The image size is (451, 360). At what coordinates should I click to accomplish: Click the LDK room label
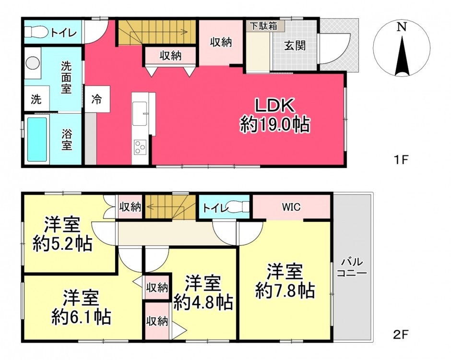275,106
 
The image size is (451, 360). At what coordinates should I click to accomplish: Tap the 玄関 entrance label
295,46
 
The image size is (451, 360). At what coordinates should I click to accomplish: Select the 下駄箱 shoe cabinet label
264,26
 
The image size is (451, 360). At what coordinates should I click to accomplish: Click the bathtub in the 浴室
37,139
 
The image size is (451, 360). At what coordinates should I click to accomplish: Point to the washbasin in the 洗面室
33,63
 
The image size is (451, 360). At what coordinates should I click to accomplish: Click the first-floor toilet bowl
36,32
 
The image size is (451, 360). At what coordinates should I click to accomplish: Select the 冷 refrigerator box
97,99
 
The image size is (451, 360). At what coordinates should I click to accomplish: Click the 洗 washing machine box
36,98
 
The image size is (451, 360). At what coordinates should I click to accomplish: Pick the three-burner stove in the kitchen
140,147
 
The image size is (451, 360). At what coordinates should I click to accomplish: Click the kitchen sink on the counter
140,114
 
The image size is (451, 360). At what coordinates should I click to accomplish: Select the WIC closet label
291,206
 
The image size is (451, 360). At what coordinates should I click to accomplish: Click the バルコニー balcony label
352,267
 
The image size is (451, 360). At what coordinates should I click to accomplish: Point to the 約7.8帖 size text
285,291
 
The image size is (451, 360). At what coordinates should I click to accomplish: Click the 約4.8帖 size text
203,302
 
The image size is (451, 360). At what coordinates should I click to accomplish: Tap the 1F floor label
401,159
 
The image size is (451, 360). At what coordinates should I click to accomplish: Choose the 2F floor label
401,334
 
